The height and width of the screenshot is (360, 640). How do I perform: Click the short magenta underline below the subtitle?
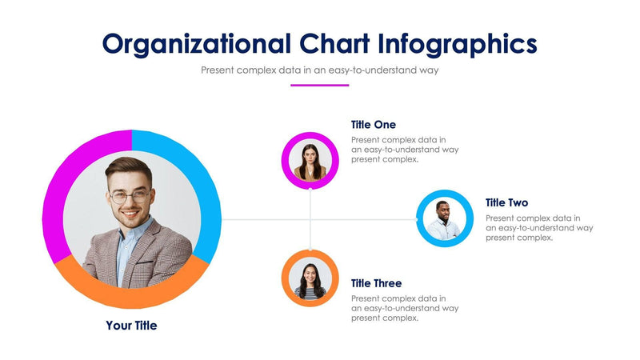[x=320, y=85]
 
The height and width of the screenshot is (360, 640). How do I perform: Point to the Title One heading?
[x=374, y=125]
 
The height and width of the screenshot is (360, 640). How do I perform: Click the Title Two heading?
[x=506, y=203]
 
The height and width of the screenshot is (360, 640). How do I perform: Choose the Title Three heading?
[x=376, y=283]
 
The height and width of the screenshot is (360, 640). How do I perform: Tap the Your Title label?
[x=131, y=326]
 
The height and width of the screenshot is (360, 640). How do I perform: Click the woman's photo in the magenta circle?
[x=310, y=161]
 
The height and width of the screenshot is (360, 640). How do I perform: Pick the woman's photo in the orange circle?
[x=310, y=278]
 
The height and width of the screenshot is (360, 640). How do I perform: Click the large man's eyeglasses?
[x=130, y=195]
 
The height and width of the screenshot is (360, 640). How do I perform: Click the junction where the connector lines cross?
[x=310, y=219]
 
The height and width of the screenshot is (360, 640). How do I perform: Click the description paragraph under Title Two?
[x=538, y=228]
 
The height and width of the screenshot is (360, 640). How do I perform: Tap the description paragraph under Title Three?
[x=404, y=308]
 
